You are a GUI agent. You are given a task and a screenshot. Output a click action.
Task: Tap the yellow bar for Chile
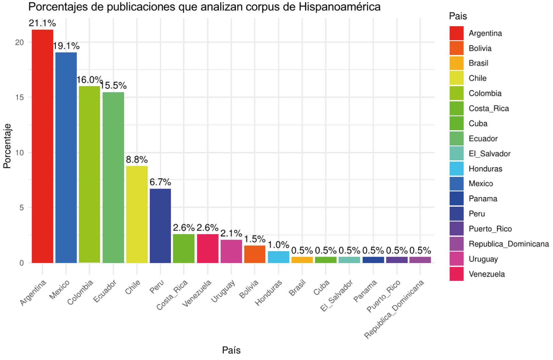click(137, 214)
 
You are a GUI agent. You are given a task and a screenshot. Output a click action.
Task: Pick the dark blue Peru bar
click(160, 226)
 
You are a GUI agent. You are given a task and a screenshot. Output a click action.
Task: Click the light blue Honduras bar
click(278, 257)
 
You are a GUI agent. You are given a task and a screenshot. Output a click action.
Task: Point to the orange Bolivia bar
click(255, 254)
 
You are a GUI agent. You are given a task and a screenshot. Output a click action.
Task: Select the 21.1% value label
click(42, 23)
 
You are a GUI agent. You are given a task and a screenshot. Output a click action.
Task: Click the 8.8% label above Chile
click(137, 159)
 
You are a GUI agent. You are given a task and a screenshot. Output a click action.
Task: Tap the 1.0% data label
click(278, 245)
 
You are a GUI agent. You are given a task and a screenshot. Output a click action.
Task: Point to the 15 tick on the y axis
click(20, 98)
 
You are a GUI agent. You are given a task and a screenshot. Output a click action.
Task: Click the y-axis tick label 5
click(21, 208)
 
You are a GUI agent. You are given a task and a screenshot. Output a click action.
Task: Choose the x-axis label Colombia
click(80, 292)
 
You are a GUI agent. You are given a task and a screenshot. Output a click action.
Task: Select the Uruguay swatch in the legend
click(456, 259)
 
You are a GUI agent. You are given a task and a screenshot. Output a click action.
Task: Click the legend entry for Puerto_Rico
click(490, 229)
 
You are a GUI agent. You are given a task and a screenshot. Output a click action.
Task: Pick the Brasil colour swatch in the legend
click(456, 63)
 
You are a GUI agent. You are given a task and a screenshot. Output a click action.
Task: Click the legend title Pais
click(458, 16)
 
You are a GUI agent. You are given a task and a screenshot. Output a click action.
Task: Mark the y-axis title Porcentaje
click(7, 146)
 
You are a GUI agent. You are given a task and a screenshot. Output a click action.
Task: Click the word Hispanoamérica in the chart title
click(340, 7)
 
